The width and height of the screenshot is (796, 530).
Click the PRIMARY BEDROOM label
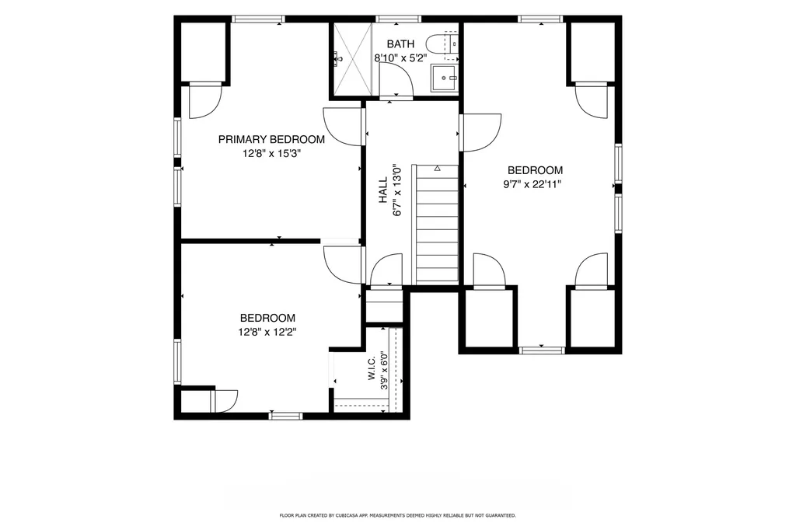coord(271,139)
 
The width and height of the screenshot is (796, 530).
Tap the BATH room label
coord(400,44)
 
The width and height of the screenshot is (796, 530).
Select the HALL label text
coord(382,190)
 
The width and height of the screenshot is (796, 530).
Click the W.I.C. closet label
coord(371,368)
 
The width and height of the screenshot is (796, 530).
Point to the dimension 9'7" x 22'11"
coord(532,184)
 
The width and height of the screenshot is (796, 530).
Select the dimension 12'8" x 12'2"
coord(267,332)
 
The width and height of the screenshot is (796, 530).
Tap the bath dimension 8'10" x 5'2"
coord(400,58)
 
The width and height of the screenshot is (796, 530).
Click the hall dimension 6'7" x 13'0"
coord(397,190)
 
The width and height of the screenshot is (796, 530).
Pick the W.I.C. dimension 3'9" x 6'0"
coord(385,371)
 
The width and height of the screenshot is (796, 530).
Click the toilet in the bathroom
coord(442,44)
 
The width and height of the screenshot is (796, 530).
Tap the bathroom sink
coord(445,78)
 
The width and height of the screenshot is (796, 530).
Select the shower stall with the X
coord(353,58)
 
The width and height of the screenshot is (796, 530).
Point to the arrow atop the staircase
coord(437,168)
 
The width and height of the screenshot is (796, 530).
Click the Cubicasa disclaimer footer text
coord(397,515)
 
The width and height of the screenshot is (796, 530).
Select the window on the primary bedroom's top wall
coord(258,19)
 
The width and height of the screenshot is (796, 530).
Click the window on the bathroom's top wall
coord(399,19)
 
